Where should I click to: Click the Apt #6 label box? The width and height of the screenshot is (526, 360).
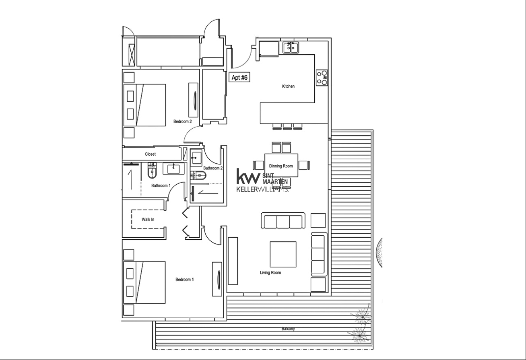click(x=239, y=77)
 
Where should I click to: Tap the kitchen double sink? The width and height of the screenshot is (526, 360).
click(x=291, y=47)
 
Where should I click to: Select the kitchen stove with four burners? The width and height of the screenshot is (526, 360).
click(x=322, y=78)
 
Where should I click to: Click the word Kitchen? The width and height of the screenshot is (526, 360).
click(x=288, y=86)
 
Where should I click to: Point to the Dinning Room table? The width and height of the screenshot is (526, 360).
click(x=281, y=165)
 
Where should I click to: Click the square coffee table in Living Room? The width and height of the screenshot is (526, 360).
click(x=283, y=254)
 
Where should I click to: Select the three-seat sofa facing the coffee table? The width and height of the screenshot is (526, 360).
click(x=283, y=220)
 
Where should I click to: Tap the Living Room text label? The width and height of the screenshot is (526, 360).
click(x=270, y=272)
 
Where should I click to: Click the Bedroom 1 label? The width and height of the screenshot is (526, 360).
click(x=185, y=280)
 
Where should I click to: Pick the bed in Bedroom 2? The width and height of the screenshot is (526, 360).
click(x=144, y=105)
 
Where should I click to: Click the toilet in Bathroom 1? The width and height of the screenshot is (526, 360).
click(x=152, y=171)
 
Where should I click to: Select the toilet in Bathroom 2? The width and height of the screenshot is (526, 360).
click(x=198, y=175)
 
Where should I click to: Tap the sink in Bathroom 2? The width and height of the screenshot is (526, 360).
click(x=196, y=158)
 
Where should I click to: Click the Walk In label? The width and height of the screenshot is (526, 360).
click(x=148, y=220)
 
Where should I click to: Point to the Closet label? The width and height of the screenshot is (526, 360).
click(x=150, y=154)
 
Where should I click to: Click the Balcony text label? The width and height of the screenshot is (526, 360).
click(x=288, y=329)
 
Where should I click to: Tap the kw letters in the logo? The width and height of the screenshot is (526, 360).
click(x=248, y=176)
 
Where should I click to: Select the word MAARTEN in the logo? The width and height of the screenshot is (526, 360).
click(x=275, y=182)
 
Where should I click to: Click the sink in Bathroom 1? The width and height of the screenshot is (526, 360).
click(x=173, y=169)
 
